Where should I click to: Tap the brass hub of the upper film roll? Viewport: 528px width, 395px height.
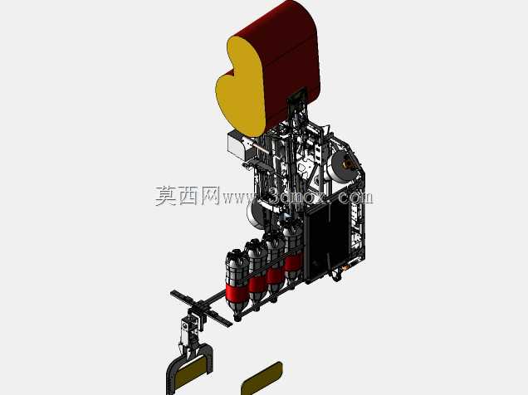coord(347,165)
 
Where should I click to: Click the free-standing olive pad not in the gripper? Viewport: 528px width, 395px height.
coord(262,378)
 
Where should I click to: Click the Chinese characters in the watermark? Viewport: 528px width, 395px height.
coord(187,196)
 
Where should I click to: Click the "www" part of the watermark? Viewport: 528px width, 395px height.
coord(237,197)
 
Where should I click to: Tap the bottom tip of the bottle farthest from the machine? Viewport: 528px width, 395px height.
coord(237,319)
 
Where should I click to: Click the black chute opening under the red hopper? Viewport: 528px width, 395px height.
coord(297,95)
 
